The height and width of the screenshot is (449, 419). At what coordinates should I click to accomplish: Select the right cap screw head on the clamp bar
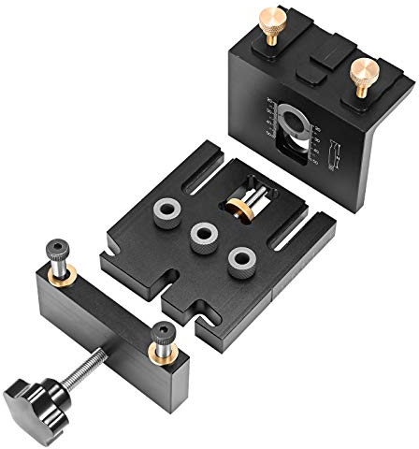[165, 332]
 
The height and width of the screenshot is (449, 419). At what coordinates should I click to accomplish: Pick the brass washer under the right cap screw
[166, 351]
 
